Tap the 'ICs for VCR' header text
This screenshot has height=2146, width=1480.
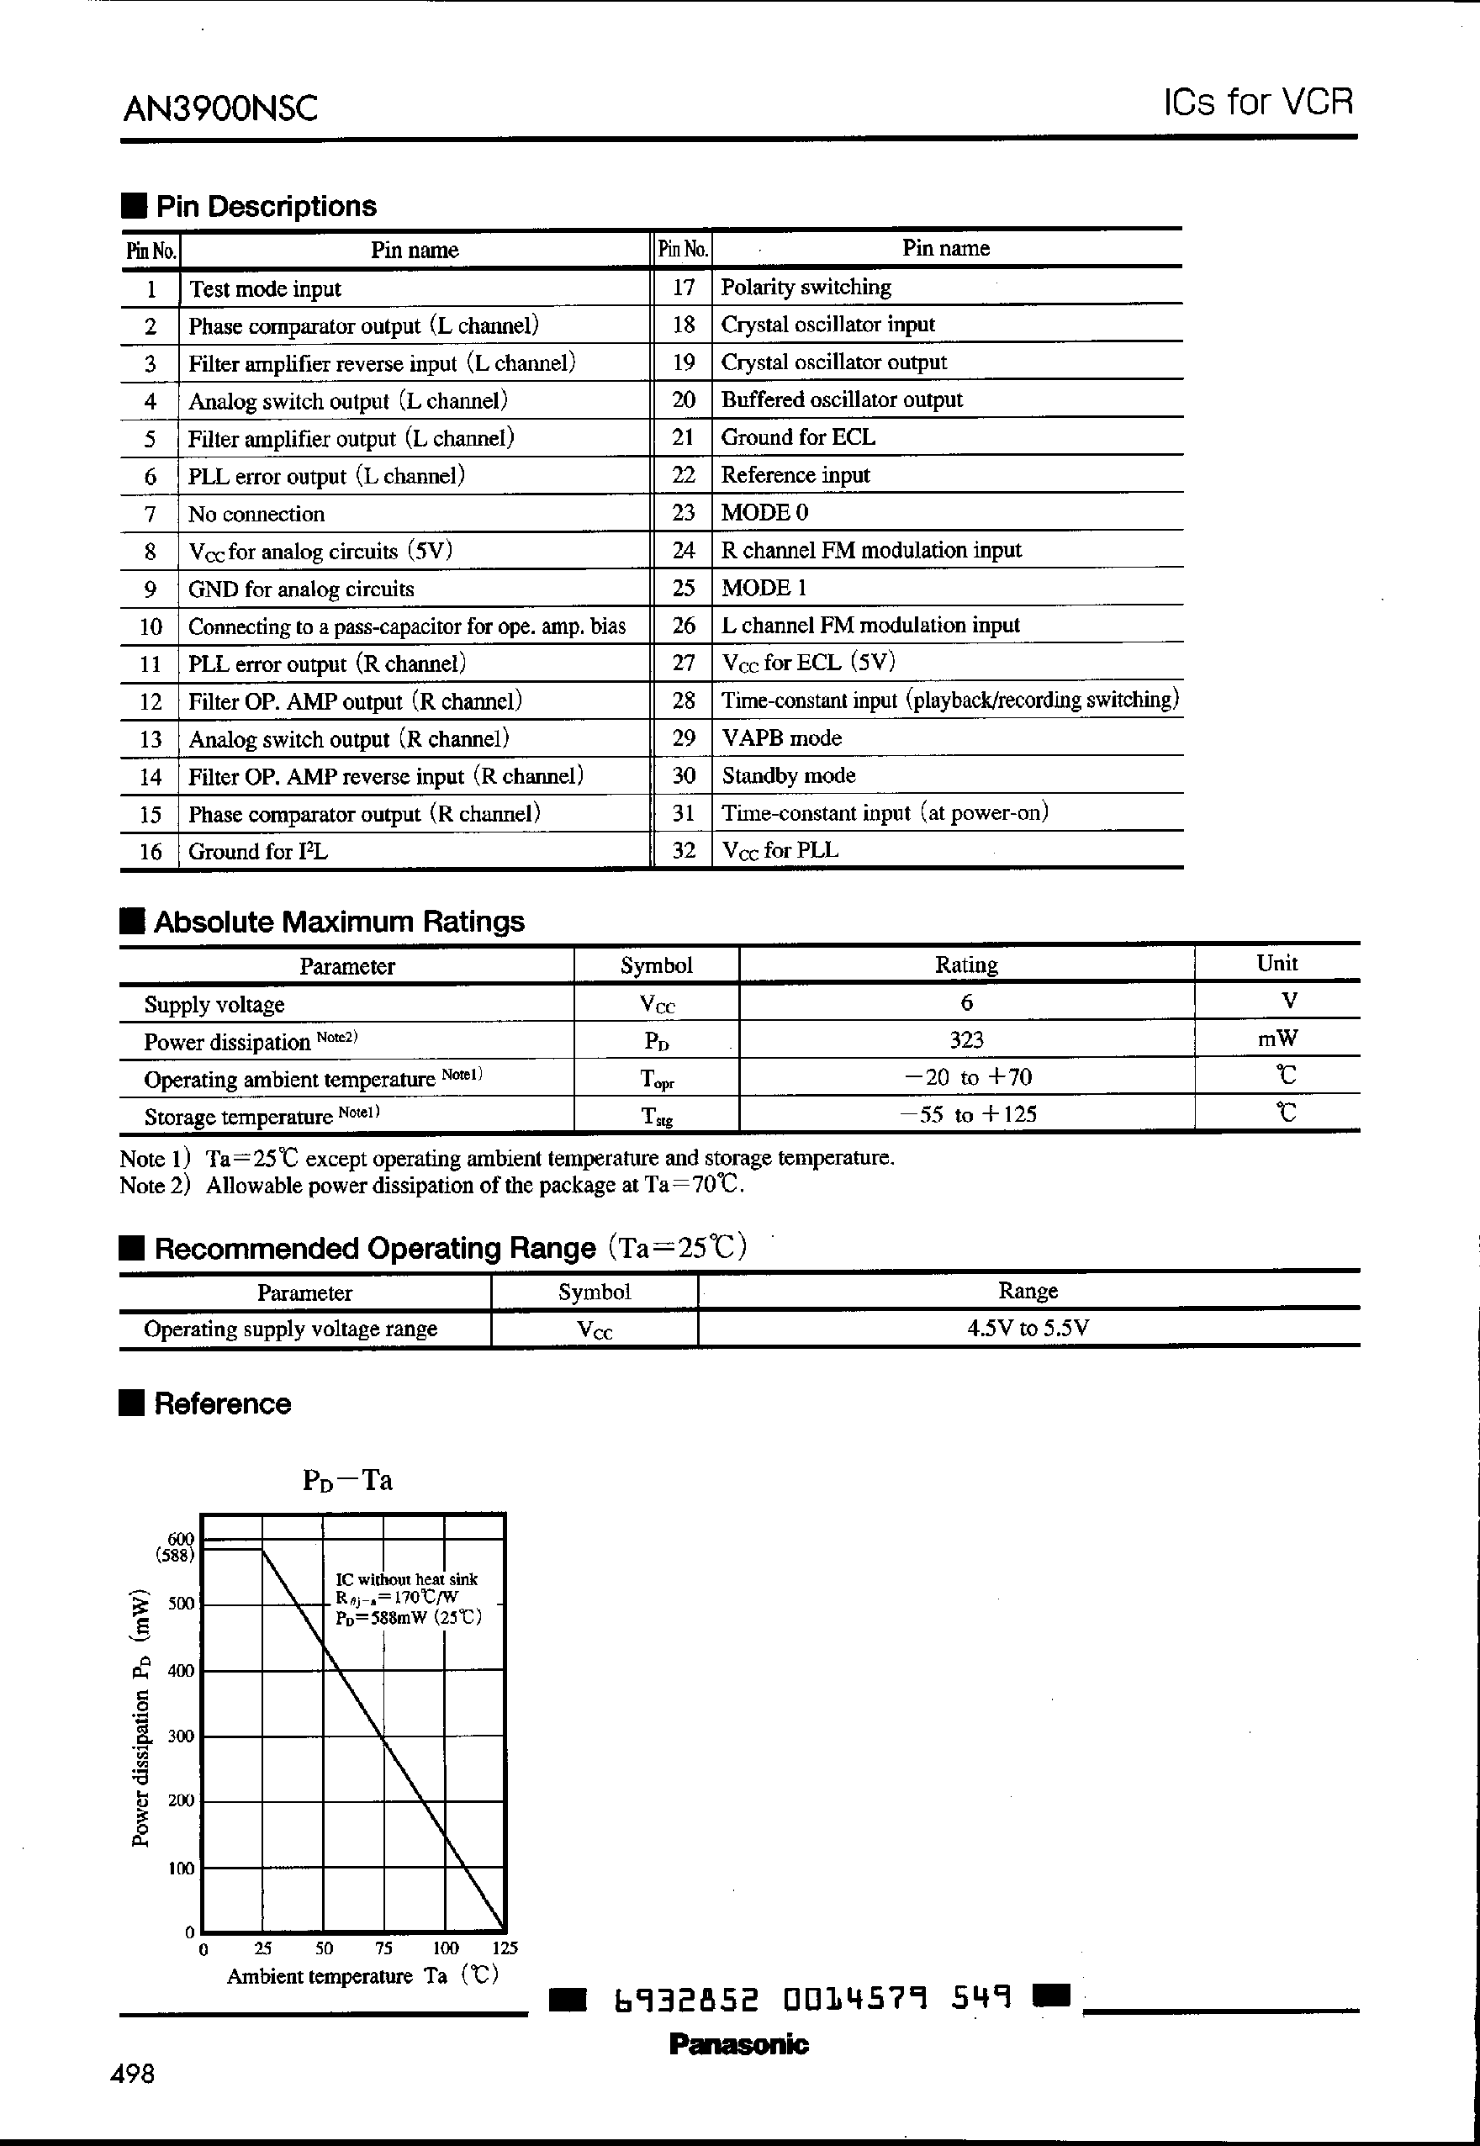[1258, 102]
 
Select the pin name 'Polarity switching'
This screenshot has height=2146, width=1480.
[806, 288]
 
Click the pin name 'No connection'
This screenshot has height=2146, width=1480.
[256, 515]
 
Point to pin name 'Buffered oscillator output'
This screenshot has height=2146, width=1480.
[841, 399]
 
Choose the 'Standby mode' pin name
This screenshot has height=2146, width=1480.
[788, 775]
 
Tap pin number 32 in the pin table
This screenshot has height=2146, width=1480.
[684, 850]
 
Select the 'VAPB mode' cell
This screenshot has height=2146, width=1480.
[782, 738]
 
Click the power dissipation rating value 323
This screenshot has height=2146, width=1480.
[966, 1039]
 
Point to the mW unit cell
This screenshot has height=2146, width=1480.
[1276, 1039]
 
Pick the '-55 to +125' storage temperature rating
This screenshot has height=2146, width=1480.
[968, 1115]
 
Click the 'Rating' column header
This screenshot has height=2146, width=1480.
[966, 965]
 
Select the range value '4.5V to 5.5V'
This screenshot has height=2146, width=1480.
[1028, 1328]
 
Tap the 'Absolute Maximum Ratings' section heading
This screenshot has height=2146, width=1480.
[339, 922]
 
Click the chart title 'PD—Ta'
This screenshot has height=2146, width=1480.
[348, 1480]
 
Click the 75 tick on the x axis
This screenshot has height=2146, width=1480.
[384, 1948]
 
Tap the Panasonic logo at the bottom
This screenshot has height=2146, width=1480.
[738, 2044]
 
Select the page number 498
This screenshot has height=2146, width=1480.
[133, 2074]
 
